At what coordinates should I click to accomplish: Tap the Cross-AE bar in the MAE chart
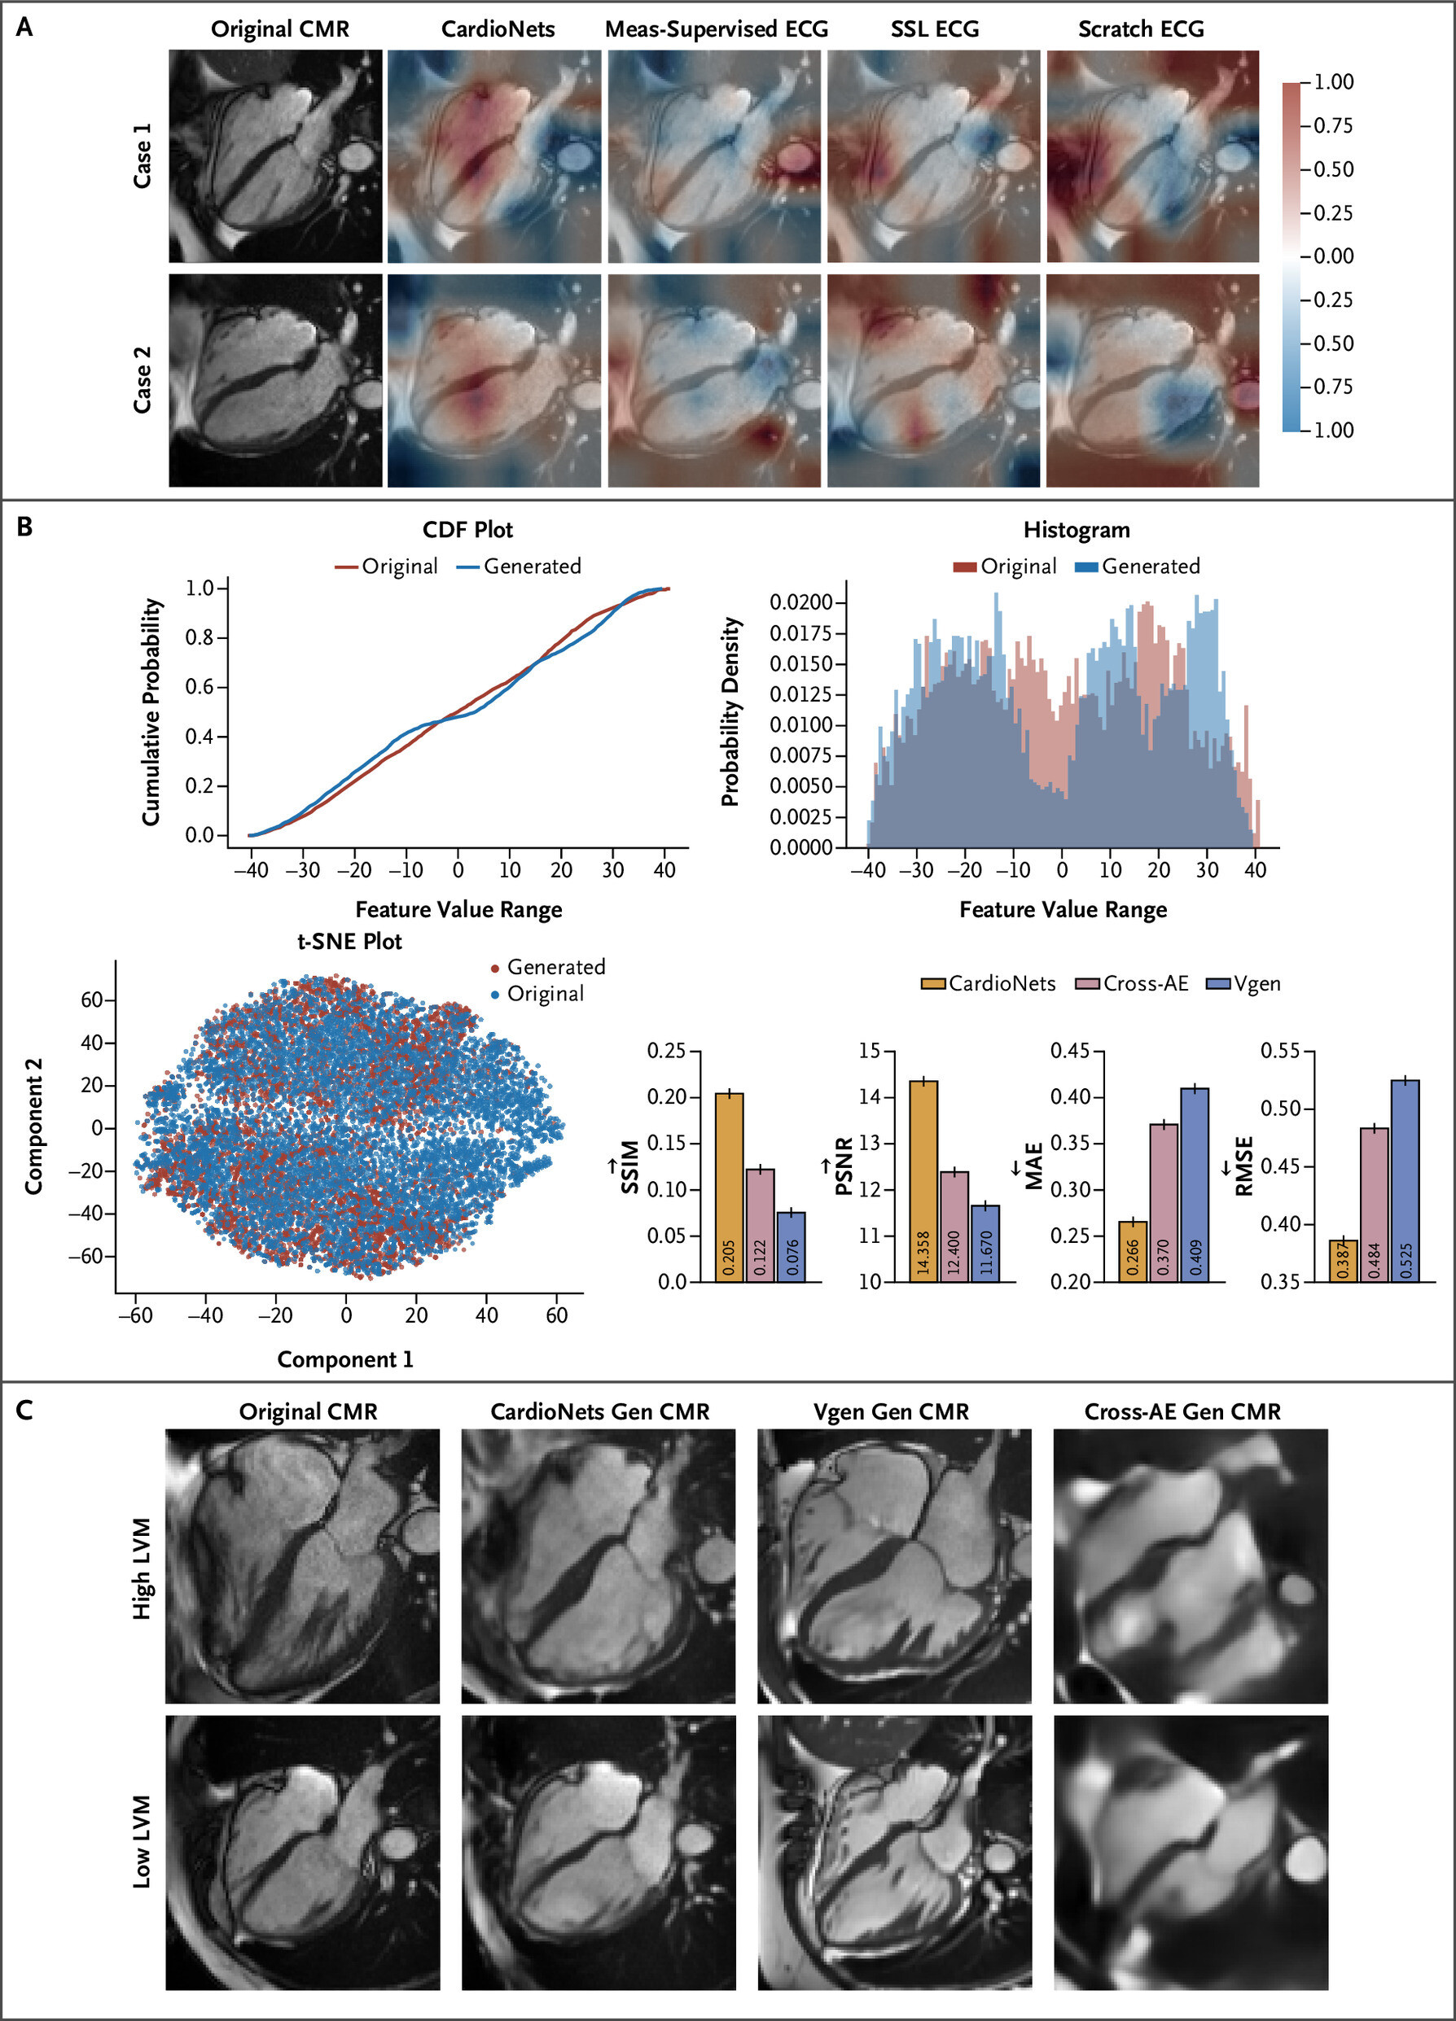point(1164,1203)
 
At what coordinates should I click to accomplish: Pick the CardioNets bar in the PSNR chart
point(923,1181)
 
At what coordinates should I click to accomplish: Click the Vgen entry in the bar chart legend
point(1243,984)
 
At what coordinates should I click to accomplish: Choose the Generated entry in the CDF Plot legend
point(519,566)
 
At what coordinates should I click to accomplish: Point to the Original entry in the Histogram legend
point(1005,566)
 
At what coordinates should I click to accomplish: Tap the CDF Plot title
point(467,530)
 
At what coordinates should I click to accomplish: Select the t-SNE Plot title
point(349,942)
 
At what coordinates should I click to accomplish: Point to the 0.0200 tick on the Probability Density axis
point(800,602)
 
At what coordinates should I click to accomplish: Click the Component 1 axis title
point(345,1360)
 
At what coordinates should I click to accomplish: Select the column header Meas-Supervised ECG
point(716,29)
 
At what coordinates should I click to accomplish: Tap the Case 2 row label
point(142,380)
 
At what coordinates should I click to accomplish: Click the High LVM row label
point(142,1569)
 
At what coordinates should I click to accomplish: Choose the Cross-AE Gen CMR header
point(1182,1412)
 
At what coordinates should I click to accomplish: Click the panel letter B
point(25,527)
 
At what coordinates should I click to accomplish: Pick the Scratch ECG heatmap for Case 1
point(1152,157)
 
